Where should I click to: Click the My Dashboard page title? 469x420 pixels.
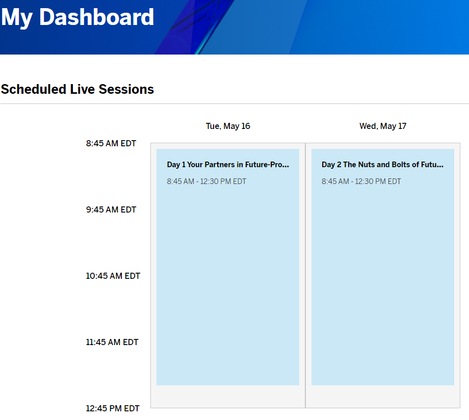click(77, 18)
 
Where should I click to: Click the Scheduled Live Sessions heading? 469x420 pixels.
click(77, 89)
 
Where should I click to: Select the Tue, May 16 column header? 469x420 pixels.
click(228, 126)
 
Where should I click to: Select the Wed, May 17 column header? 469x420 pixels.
click(383, 126)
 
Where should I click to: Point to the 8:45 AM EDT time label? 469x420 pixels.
click(111, 144)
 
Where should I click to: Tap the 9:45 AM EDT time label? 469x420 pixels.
click(111, 209)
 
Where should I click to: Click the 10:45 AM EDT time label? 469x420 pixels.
click(113, 276)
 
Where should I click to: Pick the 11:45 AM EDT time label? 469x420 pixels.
click(112, 342)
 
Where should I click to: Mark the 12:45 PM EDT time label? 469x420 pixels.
click(113, 408)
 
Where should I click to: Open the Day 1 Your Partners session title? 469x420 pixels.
click(228, 165)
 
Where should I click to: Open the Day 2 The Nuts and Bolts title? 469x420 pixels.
click(382, 165)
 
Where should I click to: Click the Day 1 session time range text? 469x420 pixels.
click(206, 181)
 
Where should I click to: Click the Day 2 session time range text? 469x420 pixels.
click(361, 181)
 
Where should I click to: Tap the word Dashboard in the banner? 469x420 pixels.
click(97, 17)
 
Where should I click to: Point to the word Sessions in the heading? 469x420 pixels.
click(126, 89)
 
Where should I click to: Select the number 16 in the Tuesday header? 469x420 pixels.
click(246, 126)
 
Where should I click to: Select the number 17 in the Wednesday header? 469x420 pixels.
click(402, 126)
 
